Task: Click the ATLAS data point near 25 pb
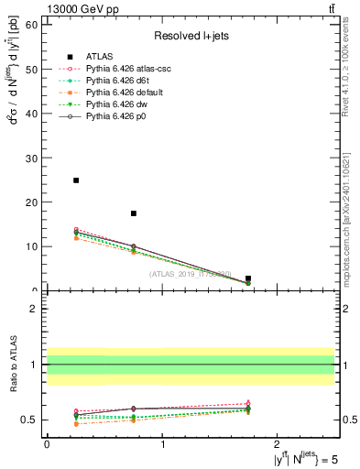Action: point(76,180)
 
